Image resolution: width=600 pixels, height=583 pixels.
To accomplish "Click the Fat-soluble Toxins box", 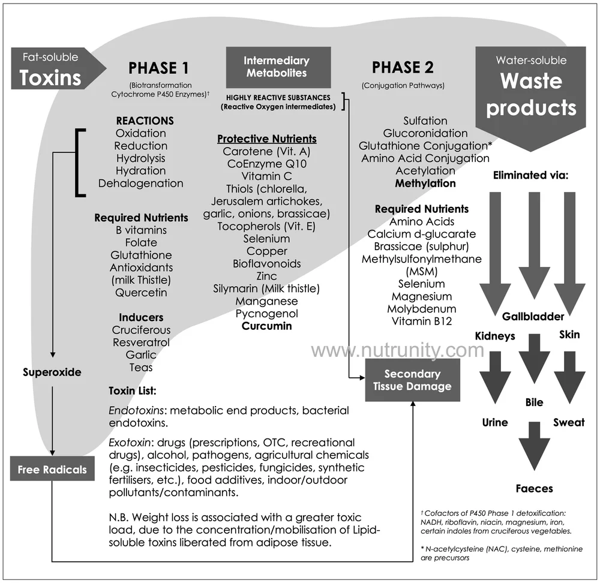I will click(x=51, y=68).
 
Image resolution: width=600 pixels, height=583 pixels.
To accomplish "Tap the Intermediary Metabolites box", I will click(x=276, y=67).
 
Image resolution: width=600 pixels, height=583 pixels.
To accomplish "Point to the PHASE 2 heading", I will click(x=403, y=68).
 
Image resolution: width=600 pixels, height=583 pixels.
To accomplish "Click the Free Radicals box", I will click(x=52, y=470).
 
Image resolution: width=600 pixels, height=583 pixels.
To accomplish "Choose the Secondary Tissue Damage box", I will click(x=412, y=380).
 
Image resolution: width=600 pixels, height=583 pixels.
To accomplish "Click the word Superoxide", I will click(x=52, y=372).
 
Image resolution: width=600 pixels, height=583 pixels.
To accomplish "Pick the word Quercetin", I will click(x=142, y=293).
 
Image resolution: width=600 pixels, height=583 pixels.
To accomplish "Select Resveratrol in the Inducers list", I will click(x=141, y=342).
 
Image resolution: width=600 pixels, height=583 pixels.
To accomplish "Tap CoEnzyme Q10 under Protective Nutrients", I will click(x=266, y=164).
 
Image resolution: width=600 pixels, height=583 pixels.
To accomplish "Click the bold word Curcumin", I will click(x=266, y=326).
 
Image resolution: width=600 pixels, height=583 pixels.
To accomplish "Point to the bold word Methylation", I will click(x=425, y=183).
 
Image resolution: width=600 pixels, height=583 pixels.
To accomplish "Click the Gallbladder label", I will click(x=533, y=317).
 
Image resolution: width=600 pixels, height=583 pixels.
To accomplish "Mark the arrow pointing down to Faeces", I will click(x=534, y=445).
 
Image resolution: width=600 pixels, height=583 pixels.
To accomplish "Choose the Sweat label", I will click(x=569, y=422).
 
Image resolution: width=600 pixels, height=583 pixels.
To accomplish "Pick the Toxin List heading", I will click(x=132, y=390).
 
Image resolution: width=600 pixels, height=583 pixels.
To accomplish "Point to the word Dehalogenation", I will click(x=141, y=184).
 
